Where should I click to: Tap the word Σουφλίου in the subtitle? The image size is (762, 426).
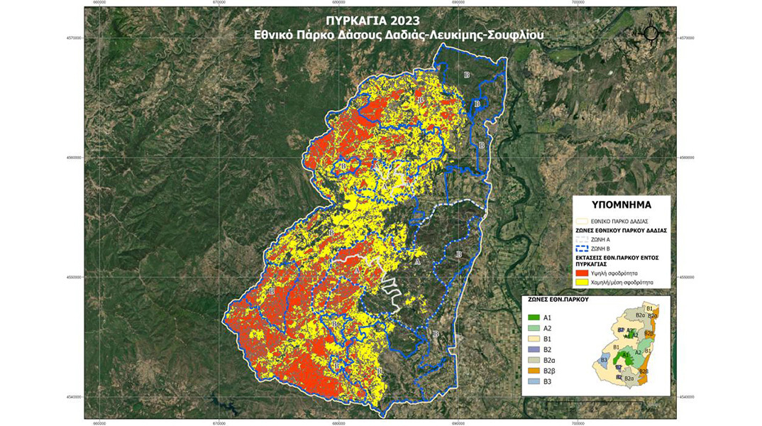pos(519,33)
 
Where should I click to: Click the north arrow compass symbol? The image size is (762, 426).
pos(652,33)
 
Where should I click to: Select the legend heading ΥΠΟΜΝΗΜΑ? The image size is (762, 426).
pos(622,205)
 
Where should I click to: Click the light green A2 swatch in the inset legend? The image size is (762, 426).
pos(535,328)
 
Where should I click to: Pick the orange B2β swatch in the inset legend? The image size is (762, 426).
pos(535,371)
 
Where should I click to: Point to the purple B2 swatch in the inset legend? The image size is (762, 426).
pos(535,350)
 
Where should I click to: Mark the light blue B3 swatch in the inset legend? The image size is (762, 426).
pos(535,382)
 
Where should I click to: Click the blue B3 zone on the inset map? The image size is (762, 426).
pos(604,360)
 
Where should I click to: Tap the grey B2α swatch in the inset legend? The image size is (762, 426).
pos(535,361)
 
